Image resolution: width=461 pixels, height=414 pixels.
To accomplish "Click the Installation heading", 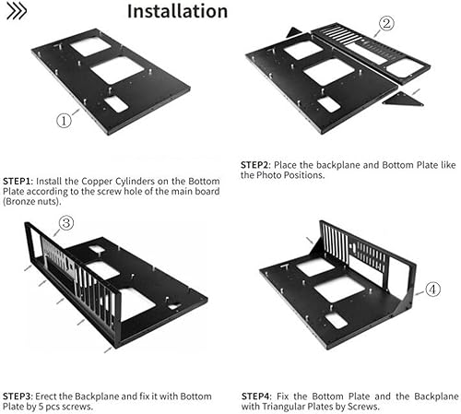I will coord(176,12).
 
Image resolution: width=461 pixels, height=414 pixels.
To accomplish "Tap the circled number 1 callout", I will coord(64,119).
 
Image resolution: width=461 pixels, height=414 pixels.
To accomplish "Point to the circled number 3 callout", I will coord(66,223).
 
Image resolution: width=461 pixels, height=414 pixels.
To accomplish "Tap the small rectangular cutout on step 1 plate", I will coord(116,103).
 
